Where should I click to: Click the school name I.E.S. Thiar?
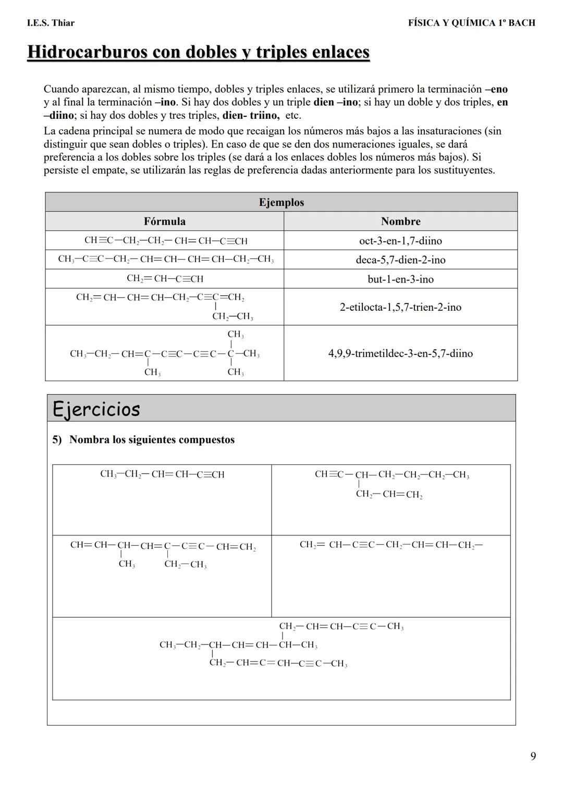[51, 23]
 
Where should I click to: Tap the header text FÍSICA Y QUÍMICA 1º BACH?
[471, 23]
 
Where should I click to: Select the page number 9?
[533, 756]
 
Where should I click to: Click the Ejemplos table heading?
[281, 202]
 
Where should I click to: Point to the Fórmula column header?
[164, 222]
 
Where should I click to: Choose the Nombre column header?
[400, 222]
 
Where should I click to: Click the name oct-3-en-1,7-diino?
[400, 241]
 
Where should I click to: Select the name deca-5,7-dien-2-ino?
[400, 260]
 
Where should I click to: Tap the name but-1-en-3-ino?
[400, 279]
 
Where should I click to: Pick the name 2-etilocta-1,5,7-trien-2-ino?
[400, 307]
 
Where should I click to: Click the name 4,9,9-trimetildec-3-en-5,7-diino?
[400, 353]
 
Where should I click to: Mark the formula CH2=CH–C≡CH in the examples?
[165, 279]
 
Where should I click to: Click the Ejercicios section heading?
[96, 409]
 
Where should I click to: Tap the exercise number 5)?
[57, 439]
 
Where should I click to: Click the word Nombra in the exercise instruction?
[89, 439]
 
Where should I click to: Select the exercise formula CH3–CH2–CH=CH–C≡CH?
[162, 474]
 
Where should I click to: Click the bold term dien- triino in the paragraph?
[250, 115]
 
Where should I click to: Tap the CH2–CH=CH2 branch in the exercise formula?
[389, 495]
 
